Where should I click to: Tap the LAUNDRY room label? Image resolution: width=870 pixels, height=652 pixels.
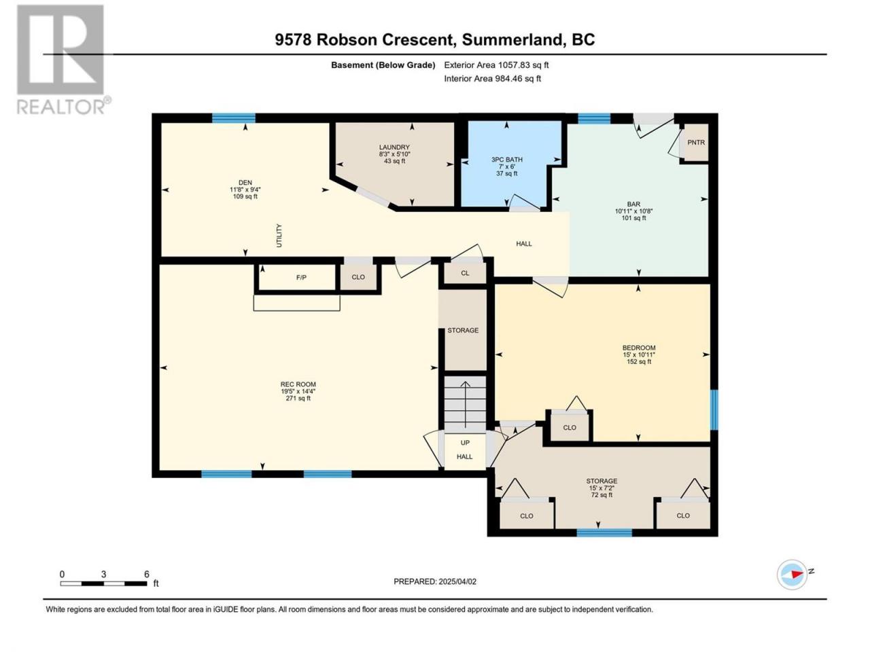tap(394, 147)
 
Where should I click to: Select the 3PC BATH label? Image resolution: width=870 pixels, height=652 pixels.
tap(506, 160)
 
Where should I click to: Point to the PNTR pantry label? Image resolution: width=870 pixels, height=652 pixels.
tap(696, 143)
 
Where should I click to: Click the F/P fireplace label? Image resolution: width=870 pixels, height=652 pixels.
tap(301, 278)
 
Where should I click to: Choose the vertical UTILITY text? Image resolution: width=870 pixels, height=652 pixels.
tap(279, 236)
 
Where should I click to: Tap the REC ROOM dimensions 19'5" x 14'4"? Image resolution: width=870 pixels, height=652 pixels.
tap(298, 391)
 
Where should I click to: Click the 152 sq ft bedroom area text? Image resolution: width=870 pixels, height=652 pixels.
tap(639, 361)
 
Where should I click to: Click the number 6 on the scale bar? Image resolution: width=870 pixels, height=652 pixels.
tap(147, 574)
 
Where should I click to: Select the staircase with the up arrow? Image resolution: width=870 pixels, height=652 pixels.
tap(464, 404)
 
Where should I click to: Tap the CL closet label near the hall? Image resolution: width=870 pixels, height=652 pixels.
tap(465, 273)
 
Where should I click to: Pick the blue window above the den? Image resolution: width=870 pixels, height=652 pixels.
tap(233, 118)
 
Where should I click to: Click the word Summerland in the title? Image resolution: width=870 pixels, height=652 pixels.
tap(510, 40)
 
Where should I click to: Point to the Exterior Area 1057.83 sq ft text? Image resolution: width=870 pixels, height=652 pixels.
tap(496, 65)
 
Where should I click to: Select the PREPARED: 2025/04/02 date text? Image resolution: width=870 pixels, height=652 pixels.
tap(435, 581)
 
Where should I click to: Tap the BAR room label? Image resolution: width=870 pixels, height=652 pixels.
tap(633, 204)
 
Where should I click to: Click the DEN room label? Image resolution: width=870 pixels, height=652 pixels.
tap(245, 183)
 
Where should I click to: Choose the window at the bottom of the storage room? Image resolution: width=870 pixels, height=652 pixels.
tap(604, 533)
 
